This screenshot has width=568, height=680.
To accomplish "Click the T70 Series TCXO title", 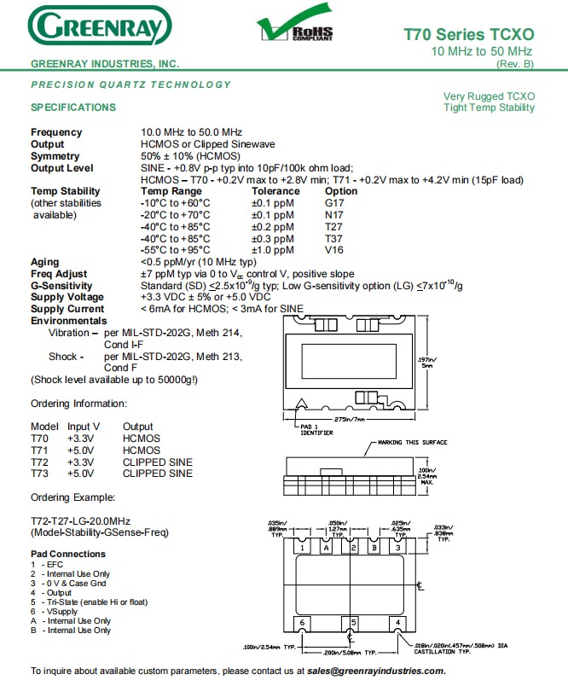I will coord(469,35).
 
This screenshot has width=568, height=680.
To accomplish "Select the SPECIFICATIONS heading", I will coord(73,108).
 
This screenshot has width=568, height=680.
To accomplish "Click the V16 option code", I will coord(333,251).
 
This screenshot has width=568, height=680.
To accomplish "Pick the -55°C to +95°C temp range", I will coord(175,251).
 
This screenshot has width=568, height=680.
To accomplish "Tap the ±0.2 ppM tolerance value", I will coord(272,227).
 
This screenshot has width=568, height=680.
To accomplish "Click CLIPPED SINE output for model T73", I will coord(158,474).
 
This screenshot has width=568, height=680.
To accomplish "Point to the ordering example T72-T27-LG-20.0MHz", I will coord(81,520).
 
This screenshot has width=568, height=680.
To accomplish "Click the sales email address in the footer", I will coord(376,671).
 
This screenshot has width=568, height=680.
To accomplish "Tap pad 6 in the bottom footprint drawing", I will coord(303,622).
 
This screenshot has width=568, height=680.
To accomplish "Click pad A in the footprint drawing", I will coord(326,548).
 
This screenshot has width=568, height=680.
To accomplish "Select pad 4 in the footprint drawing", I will coord(397,622).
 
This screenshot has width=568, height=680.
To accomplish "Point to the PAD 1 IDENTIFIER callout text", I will coord(316,429).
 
